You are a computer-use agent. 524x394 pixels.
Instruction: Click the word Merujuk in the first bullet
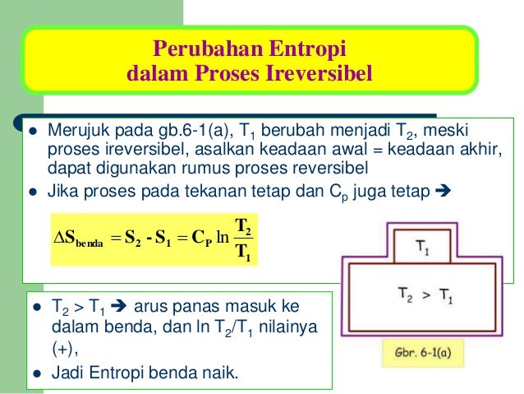coord(75,132)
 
